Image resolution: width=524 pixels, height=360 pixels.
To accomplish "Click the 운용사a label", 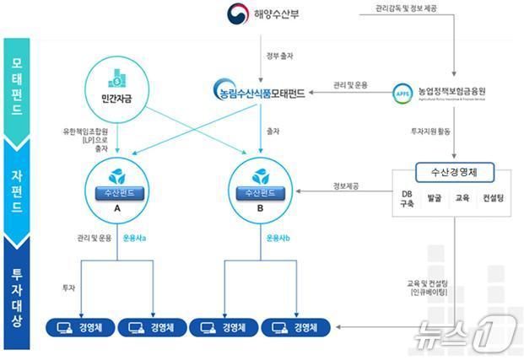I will coord(134,239).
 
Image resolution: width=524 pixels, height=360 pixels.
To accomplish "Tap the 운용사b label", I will coord(278,239).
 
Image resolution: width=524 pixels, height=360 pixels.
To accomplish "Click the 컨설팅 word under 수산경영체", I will coord(492,199).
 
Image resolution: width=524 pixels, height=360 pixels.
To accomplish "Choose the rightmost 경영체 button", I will coord(295,327).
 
